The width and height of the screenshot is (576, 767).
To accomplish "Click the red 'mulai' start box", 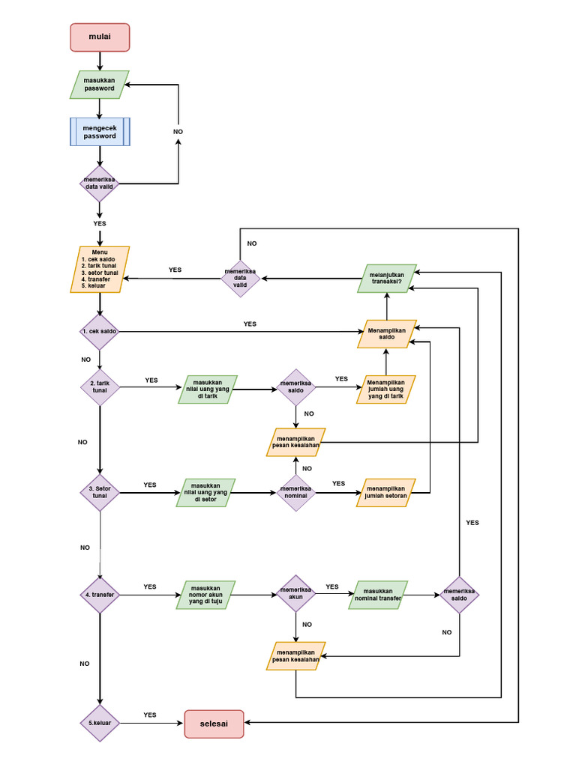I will pyautogui.click(x=100, y=37).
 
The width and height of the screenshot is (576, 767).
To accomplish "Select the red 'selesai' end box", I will pyautogui.click(x=214, y=724).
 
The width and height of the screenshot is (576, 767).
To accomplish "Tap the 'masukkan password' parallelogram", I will pyautogui.click(x=99, y=85).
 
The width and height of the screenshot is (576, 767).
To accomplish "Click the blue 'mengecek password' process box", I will pyautogui.click(x=100, y=132).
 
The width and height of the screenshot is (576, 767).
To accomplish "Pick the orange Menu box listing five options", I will pyautogui.click(x=103, y=269).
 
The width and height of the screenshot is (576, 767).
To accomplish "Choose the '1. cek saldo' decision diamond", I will pyautogui.click(x=99, y=331).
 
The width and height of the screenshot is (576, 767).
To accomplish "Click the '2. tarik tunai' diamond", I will pyautogui.click(x=99, y=386).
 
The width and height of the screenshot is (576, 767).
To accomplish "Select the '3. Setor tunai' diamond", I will pyautogui.click(x=100, y=493).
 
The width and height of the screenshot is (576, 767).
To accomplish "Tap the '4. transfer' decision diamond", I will pyautogui.click(x=100, y=595).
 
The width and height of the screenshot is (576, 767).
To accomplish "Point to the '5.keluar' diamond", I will pyautogui.click(x=100, y=724).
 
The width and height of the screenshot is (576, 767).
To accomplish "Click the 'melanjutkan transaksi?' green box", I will pyautogui.click(x=386, y=278).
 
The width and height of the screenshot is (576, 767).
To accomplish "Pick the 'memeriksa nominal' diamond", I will pyautogui.click(x=295, y=493).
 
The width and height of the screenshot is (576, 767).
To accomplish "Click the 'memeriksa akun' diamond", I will pyautogui.click(x=295, y=595).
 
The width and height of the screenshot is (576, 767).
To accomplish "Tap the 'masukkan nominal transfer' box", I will pyautogui.click(x=378, y=595).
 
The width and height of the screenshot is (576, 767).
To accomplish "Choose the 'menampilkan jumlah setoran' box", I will pyautogui.click(x=385, y=493).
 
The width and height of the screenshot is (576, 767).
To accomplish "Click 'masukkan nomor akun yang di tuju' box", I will pyautogui.click(x=207, y=595).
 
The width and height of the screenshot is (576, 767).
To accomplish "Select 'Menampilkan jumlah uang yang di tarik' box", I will pyautogui.click(x=385, y=389).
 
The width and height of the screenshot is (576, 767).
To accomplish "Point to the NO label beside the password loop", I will pyautogui.click(x=178, y=132).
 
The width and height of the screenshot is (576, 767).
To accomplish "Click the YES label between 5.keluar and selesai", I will pyautogui.click(x=150, y=715).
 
